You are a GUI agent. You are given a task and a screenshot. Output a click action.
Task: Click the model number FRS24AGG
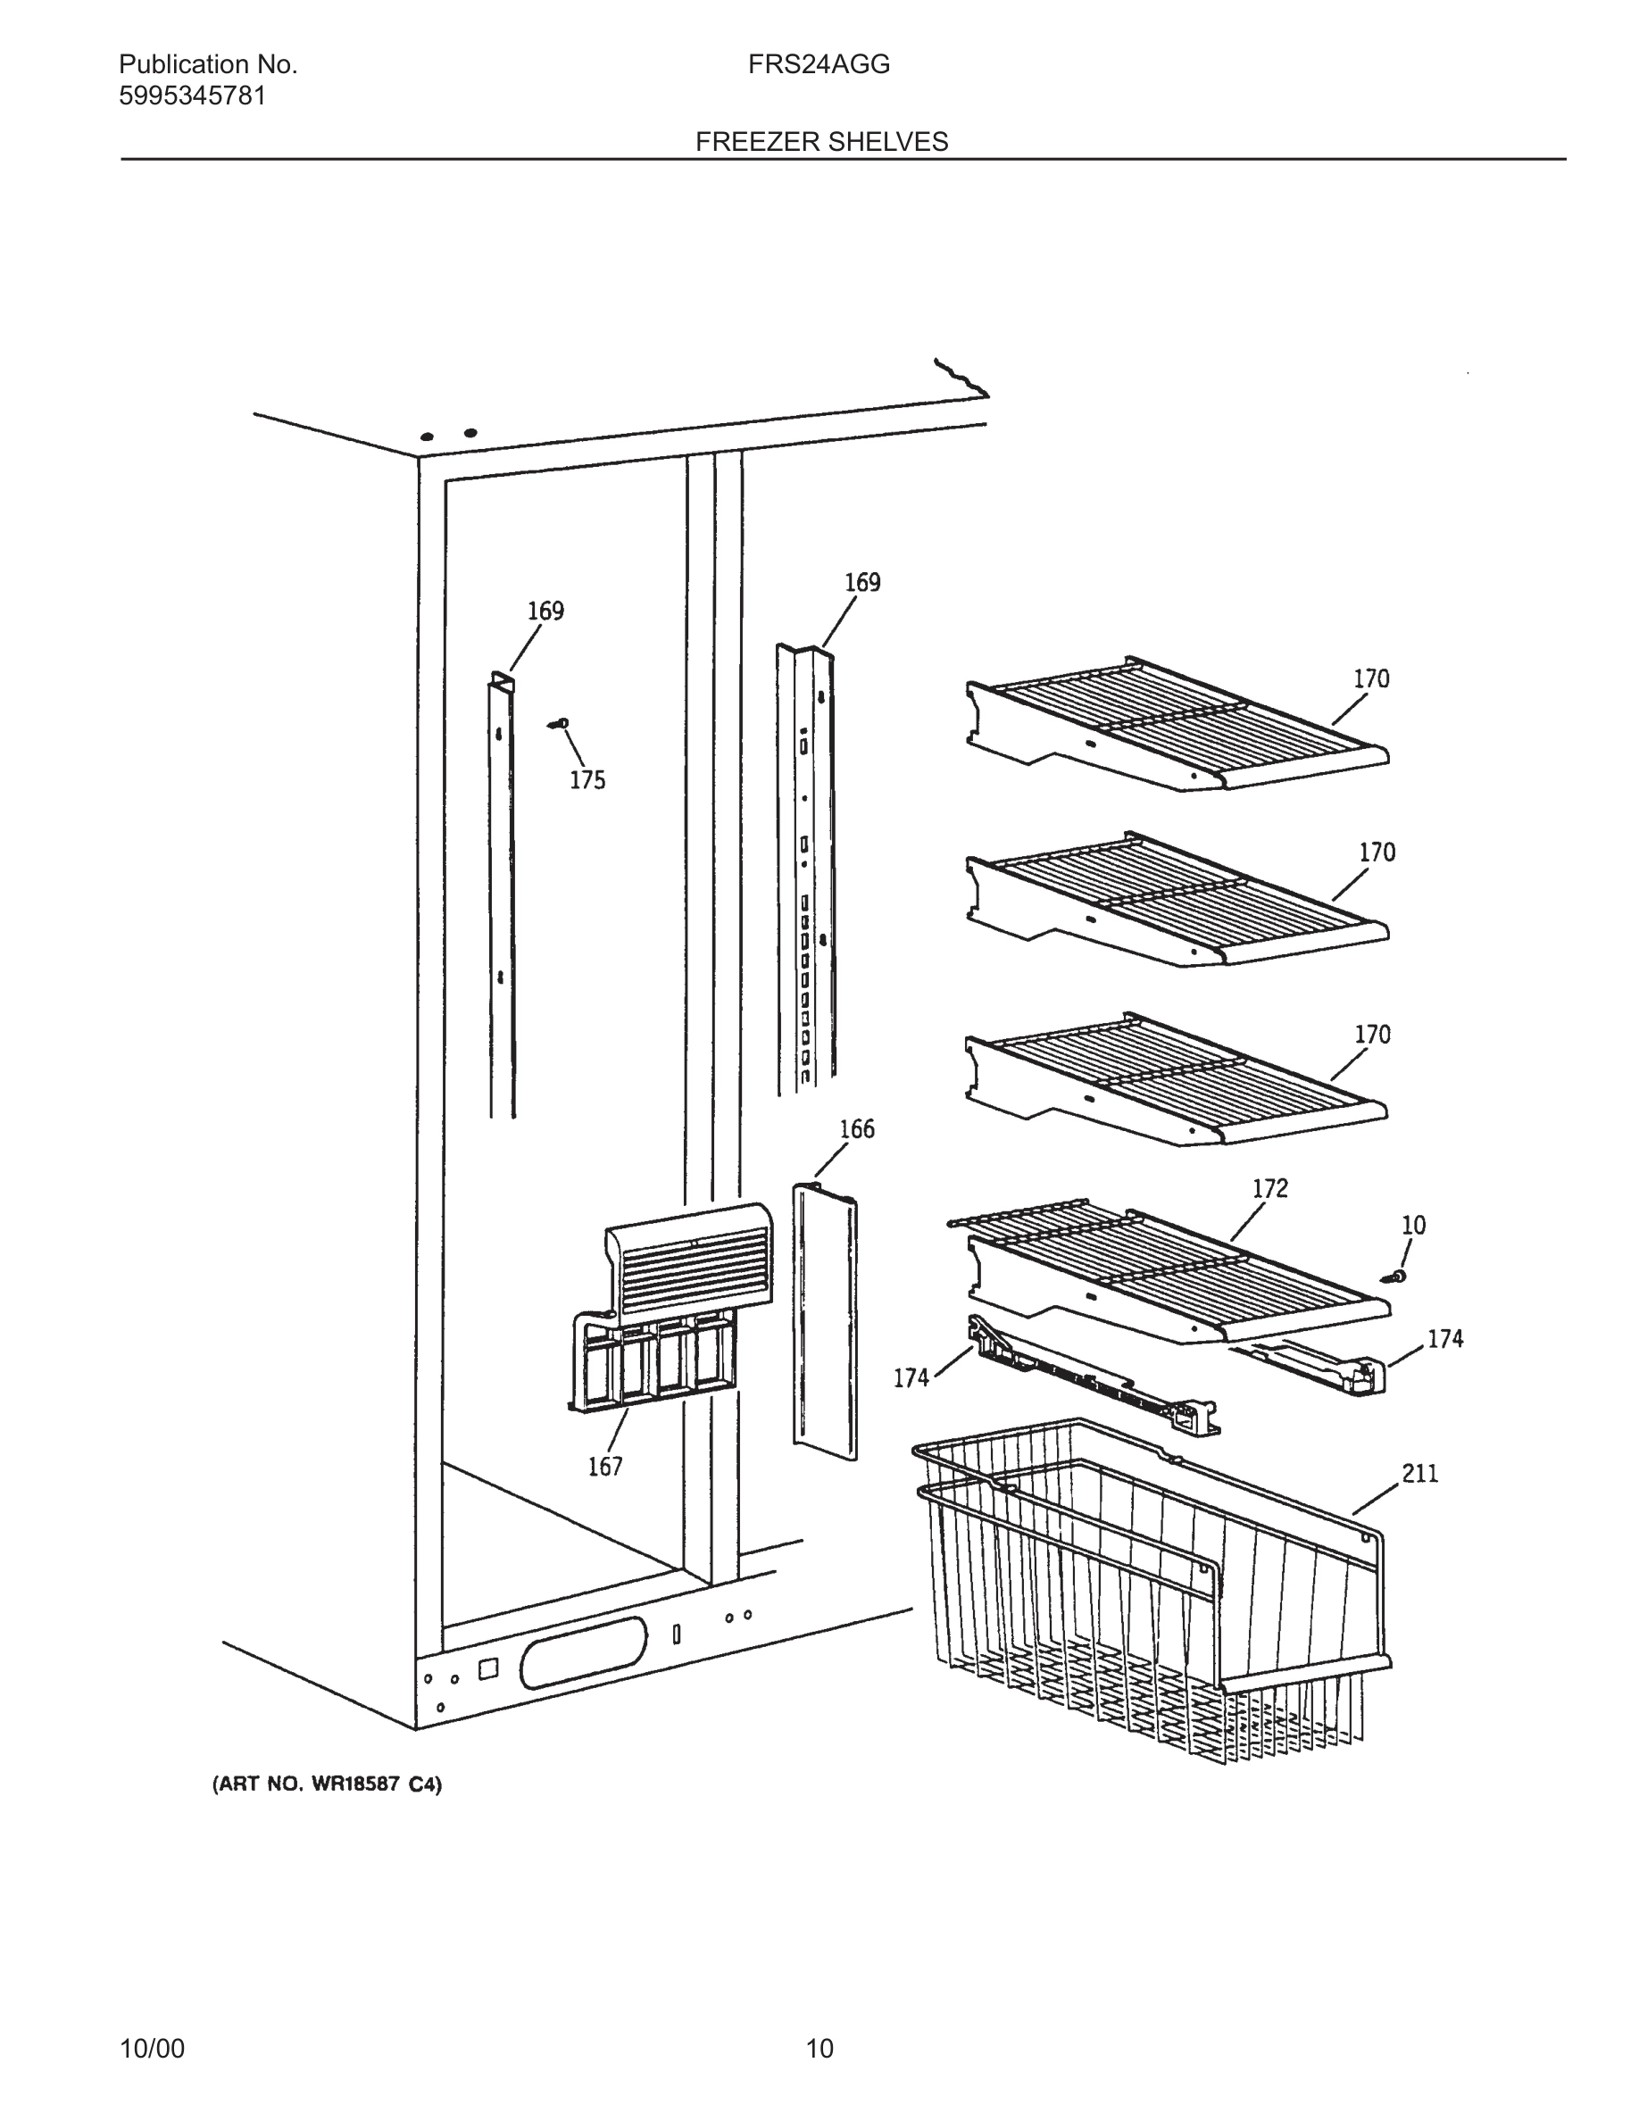[x=819, y=65]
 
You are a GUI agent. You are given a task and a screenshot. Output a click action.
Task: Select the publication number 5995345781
[x=191, y=96]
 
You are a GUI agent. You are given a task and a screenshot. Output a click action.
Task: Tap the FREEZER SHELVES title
[x=820, y=142]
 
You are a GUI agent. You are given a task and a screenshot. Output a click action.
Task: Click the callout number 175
[x=587, y=780]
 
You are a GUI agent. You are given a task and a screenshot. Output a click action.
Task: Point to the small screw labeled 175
[x=560, y=723]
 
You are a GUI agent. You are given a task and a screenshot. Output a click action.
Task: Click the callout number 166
[x=856, y=1128]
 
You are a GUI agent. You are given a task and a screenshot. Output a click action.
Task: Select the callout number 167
[x=604, y=1467]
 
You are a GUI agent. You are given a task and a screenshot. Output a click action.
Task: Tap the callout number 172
[x=1270, y=1188]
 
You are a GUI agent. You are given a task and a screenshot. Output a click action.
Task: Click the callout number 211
[x=1419, y=1473]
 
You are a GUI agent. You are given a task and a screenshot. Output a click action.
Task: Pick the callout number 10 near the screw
[x=1414, y=1225]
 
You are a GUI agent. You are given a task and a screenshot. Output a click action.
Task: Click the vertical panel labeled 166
[x=826, y=1321]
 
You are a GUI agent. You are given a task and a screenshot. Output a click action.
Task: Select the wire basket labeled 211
[x=1145, y=1602]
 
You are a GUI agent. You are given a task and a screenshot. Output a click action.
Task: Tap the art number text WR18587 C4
[x=328, y=1784]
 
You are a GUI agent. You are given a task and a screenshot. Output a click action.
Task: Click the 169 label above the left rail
[x=545, y=611]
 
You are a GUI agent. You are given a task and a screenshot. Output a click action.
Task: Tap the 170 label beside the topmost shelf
[x=1371, y=678]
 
